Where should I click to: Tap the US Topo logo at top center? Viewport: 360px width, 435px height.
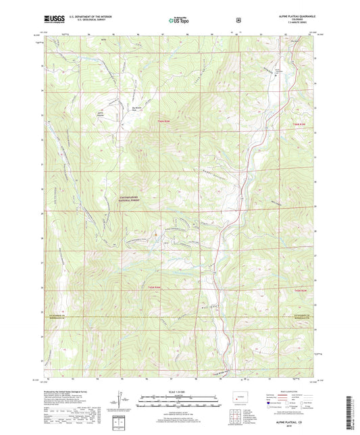tap(179, 21)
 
